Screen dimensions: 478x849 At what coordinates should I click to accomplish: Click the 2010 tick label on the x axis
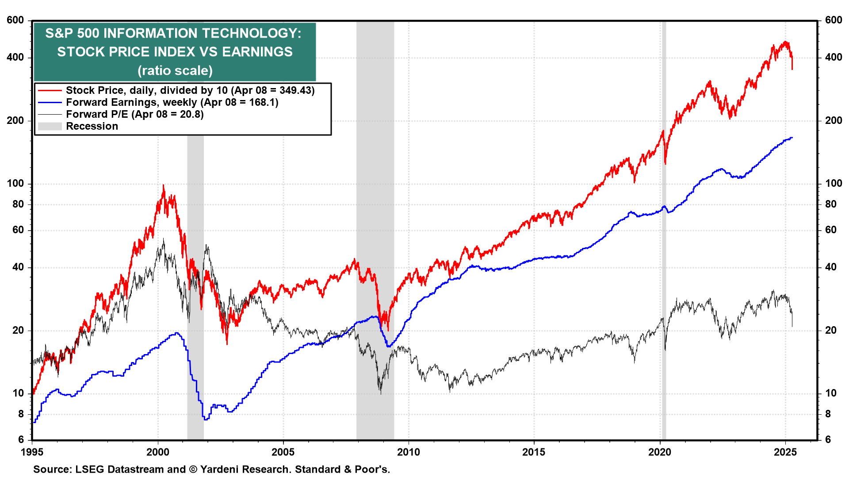point(409,452)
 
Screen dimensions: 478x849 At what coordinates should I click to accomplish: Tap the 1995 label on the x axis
point(32,452)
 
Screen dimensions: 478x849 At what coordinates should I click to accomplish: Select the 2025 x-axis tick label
point(785,452)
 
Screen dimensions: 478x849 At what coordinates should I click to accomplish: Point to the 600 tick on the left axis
point(15,20)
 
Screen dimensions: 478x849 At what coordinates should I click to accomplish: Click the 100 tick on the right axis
point(834,183)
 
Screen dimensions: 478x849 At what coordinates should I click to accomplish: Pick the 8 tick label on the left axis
point(21,414)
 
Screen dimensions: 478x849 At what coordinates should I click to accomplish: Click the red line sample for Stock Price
point(50,90)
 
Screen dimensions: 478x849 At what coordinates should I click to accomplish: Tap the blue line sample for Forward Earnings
point(50,102)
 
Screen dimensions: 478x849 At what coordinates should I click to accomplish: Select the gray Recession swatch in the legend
point(50,126)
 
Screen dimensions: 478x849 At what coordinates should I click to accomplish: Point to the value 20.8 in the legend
point(191,114)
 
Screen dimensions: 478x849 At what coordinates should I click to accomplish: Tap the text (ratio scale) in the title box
point(175,70)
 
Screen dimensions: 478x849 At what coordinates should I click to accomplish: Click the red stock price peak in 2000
point(163,186)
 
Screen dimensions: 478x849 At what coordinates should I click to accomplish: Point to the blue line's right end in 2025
point(792,138)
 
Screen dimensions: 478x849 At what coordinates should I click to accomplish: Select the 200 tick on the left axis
point(15,120)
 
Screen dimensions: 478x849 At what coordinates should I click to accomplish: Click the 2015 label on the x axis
point(534,452)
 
